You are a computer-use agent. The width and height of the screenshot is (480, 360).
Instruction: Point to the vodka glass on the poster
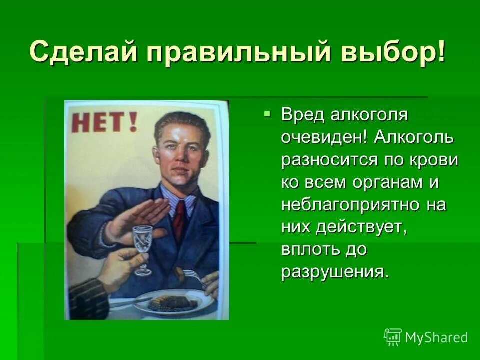click(x=143, y=248)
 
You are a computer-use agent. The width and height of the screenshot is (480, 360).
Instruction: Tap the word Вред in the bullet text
click(x=302, y=114)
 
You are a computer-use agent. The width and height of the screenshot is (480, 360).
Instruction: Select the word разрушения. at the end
click(x=334, y=272)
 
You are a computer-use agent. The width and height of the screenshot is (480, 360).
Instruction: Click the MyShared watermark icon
click(x=393, y=337)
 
